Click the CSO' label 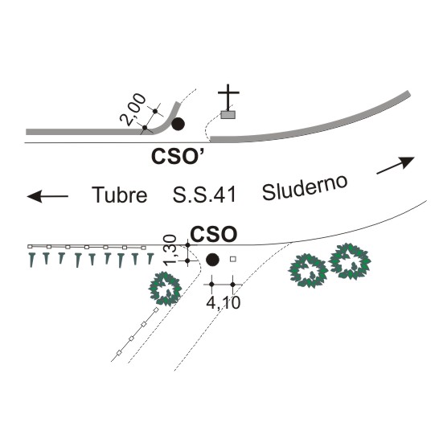point(178,156)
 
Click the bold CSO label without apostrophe point(214,234)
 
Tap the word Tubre point(120,195)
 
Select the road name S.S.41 point(204,195)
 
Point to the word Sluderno point(305,187)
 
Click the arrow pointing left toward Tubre point(47,196)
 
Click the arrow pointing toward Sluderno point(396,165)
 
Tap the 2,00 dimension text point(133,109)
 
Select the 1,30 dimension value point(170,250)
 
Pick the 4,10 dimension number point(224,303)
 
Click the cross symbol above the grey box point(228,97)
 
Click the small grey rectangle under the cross point(228,115)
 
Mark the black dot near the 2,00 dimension point(178,124)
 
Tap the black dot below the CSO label point(212,260)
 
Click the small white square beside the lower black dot point(233,259)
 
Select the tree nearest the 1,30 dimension point(165,289)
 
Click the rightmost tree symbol point(351,261)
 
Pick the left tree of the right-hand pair point(308,271)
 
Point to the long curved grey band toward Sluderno point(311,125)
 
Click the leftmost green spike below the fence point(32,260)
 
